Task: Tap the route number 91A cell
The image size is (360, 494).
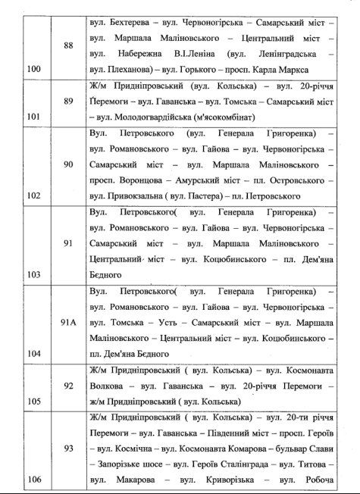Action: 69,321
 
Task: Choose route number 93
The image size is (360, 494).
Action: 69,449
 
